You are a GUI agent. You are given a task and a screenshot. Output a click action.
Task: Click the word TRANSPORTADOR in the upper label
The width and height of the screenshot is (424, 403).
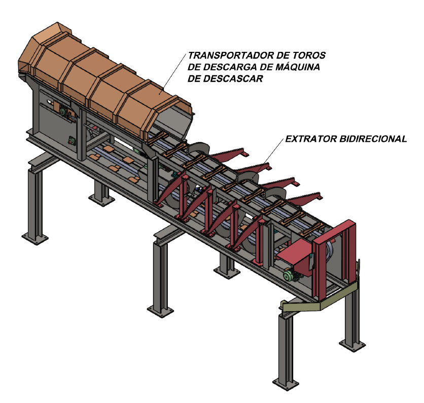(230, 55)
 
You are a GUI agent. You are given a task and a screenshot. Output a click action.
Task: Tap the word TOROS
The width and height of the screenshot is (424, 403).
(309, 55)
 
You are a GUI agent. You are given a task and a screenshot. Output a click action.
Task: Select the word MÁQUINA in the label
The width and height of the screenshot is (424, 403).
(298, 67)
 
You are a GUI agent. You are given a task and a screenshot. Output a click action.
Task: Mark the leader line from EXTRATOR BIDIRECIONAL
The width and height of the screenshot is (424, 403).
(268, 158)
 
